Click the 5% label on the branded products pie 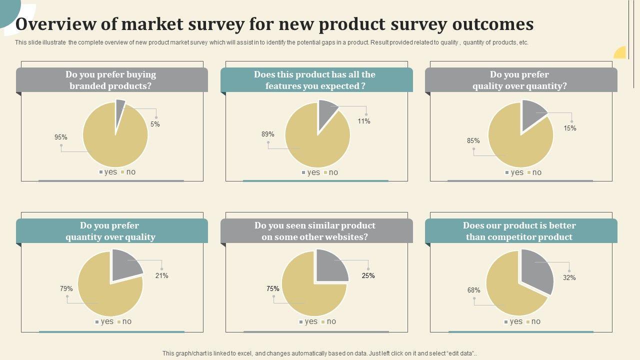[x=155, y=124]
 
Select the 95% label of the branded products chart [x=61, y=137]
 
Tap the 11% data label [x=364, y=121]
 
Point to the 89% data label [x=267, y=134]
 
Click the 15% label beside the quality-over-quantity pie [x=570, y=128]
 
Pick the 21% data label [x=161, y=276]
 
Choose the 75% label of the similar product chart [x=273, y=289]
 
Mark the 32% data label [x=569, y=278]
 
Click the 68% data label [x=474, y=290]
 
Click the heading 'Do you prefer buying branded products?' [x=111, y=80]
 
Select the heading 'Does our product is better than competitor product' [x=519, y=231]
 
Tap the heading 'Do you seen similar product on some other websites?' [x=315, y=231]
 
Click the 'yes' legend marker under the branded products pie [x=101, y=172]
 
